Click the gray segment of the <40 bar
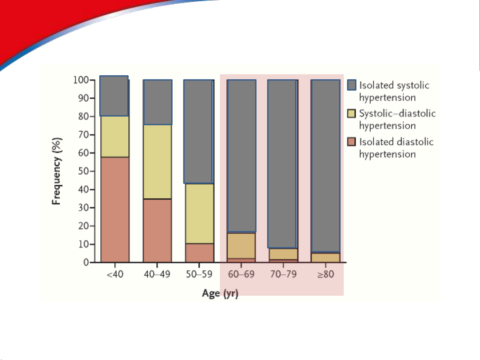point(114,96)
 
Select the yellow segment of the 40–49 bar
point(158,162)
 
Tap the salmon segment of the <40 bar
point(115,209)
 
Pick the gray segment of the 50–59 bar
point(198,132)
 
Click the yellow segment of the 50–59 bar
point(200,213)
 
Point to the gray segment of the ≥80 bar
point(326,166)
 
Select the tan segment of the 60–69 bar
point(241,246)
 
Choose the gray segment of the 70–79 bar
point(282,164)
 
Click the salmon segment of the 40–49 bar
point(158,230)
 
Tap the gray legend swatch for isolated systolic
point(352,85)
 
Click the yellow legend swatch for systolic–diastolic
point(351,114)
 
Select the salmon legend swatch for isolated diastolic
point(351,142)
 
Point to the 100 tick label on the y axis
point(81,80)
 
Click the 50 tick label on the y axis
point(83,171)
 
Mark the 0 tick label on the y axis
point(86,262)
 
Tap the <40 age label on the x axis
point(115,274)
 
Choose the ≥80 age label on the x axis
point(326,274)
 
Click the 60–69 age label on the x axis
point(241,274)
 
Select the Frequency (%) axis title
point(57,171)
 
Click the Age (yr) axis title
point(220,293)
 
